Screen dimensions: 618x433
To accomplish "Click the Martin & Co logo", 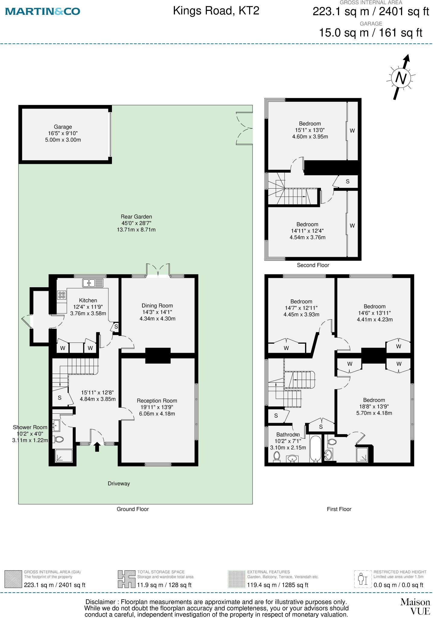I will click(x=43, y=11).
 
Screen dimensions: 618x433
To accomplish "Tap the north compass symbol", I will click(x=401, y=78).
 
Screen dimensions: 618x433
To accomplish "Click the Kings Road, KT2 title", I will click(x=216, y=11).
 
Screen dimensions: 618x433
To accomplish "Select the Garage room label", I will click(x=63, y=127).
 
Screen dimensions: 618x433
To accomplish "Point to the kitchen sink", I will click(x=93, y=283).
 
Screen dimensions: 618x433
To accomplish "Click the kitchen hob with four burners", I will click(x=62, y=295).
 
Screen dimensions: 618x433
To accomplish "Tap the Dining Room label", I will click(x=157, y=306).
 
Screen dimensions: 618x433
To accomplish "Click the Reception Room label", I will click(x=157, y=401).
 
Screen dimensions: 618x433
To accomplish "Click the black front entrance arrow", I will click(x=97, y=447).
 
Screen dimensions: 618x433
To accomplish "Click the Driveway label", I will click(x=119, y=484).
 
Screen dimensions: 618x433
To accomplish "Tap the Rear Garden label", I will click(x=136, y=217).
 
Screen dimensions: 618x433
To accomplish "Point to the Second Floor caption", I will click(x=313, y=265).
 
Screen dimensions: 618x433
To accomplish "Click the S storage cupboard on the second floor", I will click(x=347, y=182).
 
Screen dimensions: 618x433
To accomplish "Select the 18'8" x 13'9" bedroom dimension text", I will click(x=374, y=407).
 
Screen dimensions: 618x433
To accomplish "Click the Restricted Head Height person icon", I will click(x=362, y=579).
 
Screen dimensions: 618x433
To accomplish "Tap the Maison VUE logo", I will click(x=415, y=607).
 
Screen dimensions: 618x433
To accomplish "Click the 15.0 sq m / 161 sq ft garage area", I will click(x=371, y=33).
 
